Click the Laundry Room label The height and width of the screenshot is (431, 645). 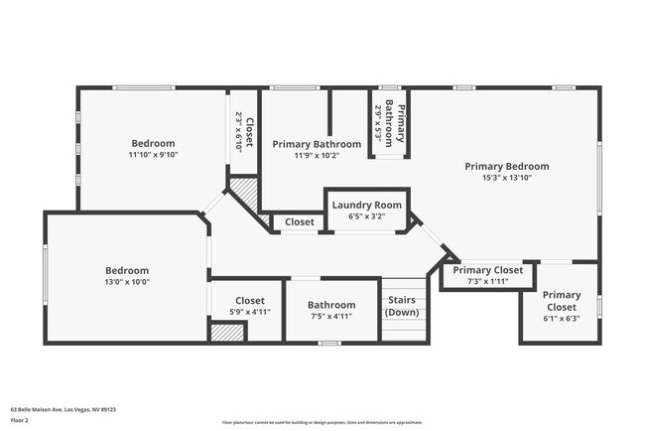pyautogui.click(x=366, y=205)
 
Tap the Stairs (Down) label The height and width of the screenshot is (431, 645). pyautogui.click(x=402, y=305)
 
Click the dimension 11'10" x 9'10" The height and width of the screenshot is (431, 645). pyautogui.click(x=152, y=155)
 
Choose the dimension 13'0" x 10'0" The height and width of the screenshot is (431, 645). pyautogui.click(x=127, y=281)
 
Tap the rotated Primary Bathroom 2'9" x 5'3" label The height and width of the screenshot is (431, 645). pyautogui.click(x=389, y=122)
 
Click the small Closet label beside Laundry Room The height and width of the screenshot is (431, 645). pyautogui.click(x=299, y=221)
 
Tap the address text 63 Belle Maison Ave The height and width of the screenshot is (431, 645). pyautogui.click(x=63, y=408)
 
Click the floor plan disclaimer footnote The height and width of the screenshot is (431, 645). pyautogui.click(x=322, y=422)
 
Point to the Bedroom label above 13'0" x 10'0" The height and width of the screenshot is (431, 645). pyautogui.click(x=127, y=270)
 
